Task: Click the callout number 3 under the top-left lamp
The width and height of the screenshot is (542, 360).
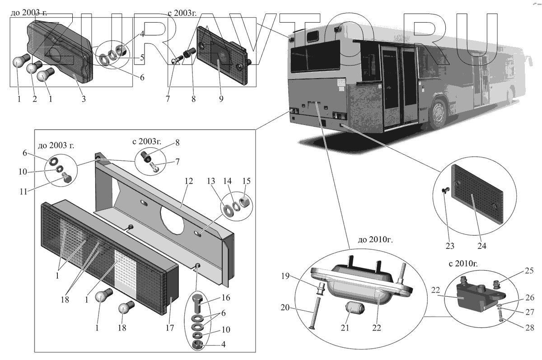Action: (84, 99)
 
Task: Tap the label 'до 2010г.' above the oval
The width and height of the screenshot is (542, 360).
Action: (375, 240)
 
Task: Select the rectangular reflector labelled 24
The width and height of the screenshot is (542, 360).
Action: (479, 195)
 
